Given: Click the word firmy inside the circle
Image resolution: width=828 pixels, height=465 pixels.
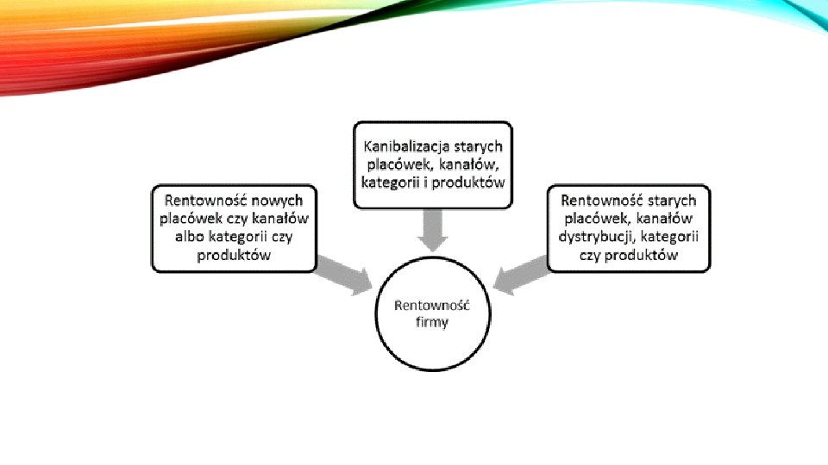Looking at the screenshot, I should pyautogui.click(x=432, y=323).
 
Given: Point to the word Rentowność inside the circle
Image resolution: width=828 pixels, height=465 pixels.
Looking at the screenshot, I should pyautogui.click(x=431, y=306).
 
